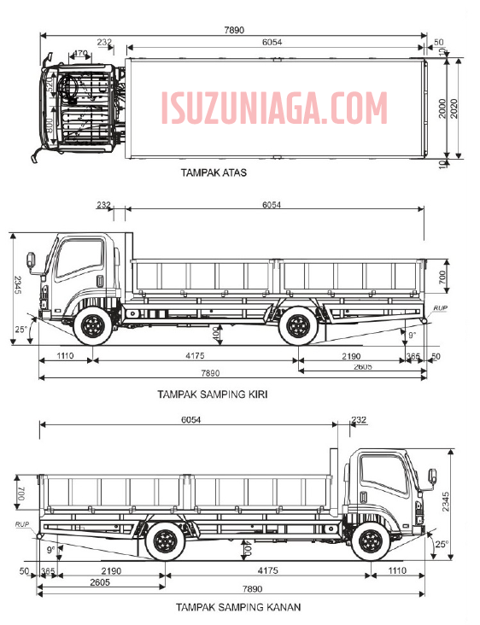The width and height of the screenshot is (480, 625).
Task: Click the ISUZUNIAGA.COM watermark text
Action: (273, 109)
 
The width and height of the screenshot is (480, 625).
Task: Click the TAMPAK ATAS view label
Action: (214, 172)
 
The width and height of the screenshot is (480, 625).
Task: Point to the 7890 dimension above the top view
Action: (234, 30)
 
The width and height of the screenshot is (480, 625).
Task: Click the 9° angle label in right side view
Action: (50, 550)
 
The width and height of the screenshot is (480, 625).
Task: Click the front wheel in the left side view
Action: (91, 326)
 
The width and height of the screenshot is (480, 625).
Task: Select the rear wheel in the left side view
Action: (297, 326)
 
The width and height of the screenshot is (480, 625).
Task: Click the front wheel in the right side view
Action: (370, 541)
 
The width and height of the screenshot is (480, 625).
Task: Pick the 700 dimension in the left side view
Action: (442, 277)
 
